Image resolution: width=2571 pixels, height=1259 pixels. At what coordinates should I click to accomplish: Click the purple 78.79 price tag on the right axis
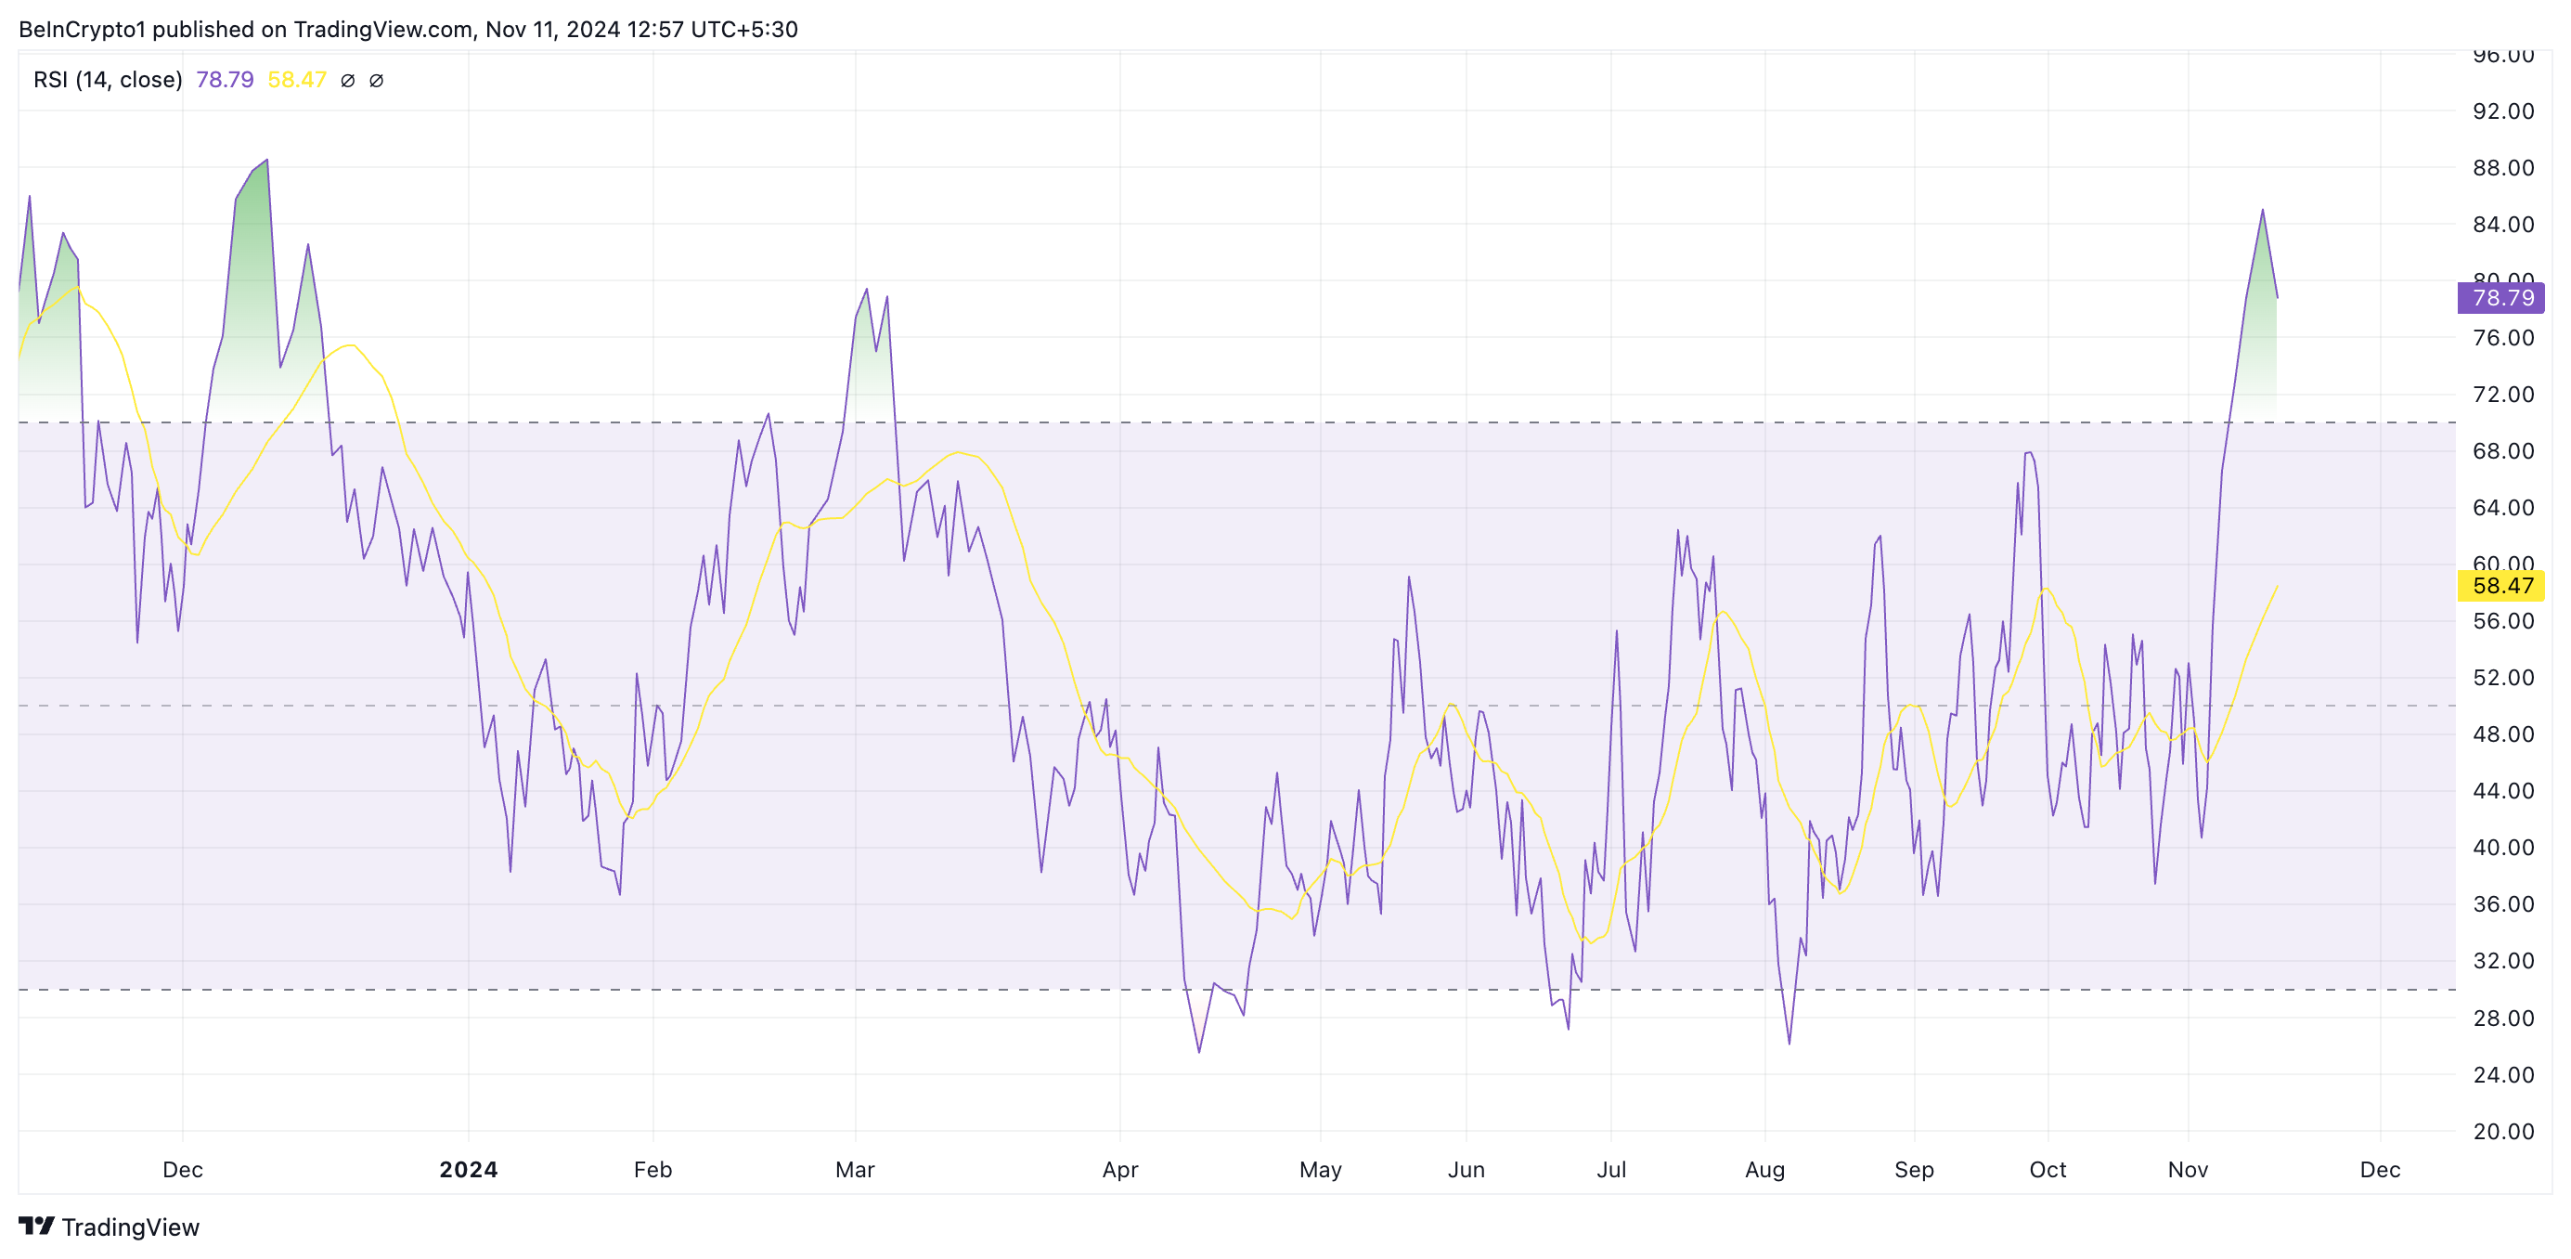(2500, 297)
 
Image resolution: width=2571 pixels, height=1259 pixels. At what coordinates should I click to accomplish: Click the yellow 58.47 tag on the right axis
(2500, 586)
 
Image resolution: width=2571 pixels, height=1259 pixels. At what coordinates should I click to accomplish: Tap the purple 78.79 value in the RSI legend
(225, 80)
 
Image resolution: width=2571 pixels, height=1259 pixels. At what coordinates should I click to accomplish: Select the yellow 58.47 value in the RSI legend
(296, 80)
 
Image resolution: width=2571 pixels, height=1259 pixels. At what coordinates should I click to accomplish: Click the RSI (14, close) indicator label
(108, 80)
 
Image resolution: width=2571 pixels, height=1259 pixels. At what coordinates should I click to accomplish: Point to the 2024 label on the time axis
(468, 1169)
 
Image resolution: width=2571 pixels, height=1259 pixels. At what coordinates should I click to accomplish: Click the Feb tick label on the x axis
(652, 1169)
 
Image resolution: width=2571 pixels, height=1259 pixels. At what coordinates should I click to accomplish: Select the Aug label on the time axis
(1764, 1169)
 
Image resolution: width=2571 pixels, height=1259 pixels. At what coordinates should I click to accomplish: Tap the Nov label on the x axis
(2188, 1169)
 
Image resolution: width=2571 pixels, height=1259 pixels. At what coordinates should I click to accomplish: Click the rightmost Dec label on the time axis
(2380, 1169)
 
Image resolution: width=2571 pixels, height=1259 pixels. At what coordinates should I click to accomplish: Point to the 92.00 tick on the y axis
(2503, 110)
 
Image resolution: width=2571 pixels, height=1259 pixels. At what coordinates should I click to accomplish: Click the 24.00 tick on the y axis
(2503, 1074)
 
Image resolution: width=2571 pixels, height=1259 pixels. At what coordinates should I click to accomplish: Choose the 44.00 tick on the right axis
(2503, 791)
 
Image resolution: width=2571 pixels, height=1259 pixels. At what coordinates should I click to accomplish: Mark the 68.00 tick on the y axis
(2503, 451)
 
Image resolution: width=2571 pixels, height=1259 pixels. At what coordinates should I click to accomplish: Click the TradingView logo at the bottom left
(109, 1227)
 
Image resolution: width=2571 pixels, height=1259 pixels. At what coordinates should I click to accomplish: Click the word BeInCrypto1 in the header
(81, 30)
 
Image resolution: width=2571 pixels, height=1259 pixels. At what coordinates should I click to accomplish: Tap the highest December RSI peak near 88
(266, 161)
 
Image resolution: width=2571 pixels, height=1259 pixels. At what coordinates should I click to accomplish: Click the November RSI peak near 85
(2263, 211)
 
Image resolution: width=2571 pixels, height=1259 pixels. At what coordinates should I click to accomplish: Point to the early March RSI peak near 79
(866, 290)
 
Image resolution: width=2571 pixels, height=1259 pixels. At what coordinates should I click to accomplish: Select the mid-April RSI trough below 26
(1198, 1051)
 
